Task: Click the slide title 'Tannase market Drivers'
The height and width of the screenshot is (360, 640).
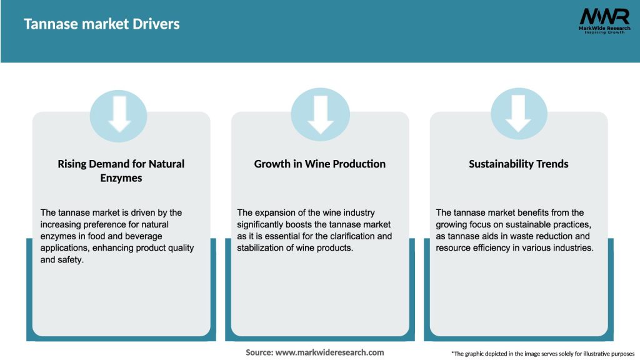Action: click(x=102, y=24)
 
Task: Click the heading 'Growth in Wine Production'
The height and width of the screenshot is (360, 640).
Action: click(x=319, y=164)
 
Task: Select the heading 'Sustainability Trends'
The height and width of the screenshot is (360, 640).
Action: click(x=519, y=164)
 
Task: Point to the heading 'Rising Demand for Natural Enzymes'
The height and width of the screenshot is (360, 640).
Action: click(x=121, y=171)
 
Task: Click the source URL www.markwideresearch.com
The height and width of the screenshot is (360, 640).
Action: click(x=330, y=352)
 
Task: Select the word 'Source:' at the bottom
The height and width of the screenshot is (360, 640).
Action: click(x=259, y=352)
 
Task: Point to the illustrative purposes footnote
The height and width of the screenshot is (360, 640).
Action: click(x=542, y=354)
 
